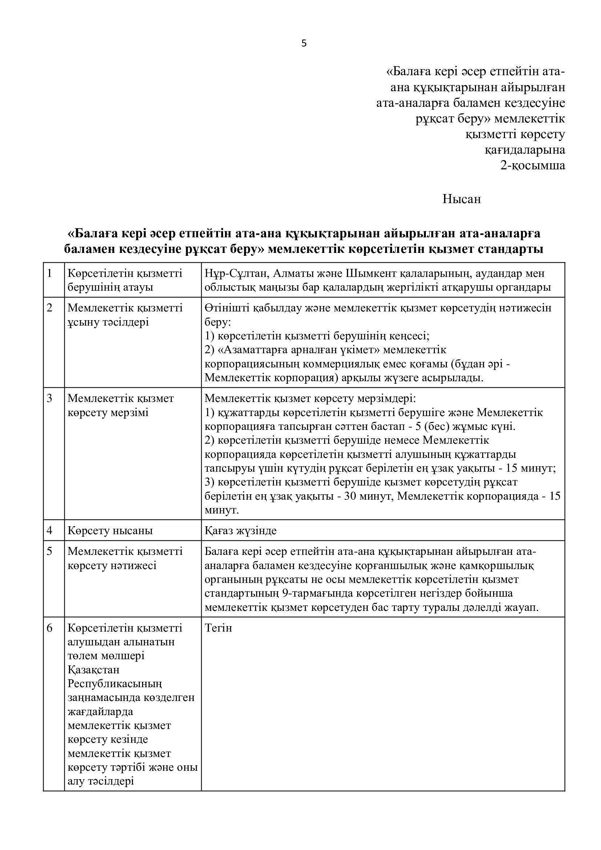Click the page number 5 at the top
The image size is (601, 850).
coord(304,44)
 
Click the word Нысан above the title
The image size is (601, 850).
coord(461,199)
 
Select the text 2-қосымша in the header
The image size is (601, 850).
coord(533,165)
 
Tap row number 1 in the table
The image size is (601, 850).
coord(49,274)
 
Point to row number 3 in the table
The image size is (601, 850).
coord(49,399)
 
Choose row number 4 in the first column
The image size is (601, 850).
coord(49,531)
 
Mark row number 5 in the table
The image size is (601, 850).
coord(49,552)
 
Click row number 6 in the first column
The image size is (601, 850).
coord(49,628)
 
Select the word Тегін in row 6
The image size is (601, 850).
coord(218,628)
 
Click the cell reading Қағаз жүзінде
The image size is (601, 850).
coord(241,531)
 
